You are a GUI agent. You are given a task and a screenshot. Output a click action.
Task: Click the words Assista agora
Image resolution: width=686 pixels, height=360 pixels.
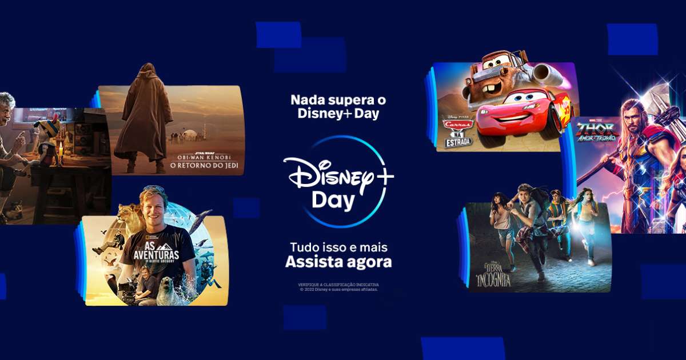(x=338, y=262)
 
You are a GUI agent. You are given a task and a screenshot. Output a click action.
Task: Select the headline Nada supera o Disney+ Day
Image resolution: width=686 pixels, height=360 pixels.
(x=338, y=107)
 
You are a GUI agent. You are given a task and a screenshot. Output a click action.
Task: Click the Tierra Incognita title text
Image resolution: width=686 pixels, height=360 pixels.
(x=492, y=275)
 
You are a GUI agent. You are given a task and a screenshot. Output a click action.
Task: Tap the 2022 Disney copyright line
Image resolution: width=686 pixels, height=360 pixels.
(x=338, y=289)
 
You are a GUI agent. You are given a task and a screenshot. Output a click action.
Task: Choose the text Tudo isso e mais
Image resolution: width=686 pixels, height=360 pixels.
(x=338, y=248)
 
